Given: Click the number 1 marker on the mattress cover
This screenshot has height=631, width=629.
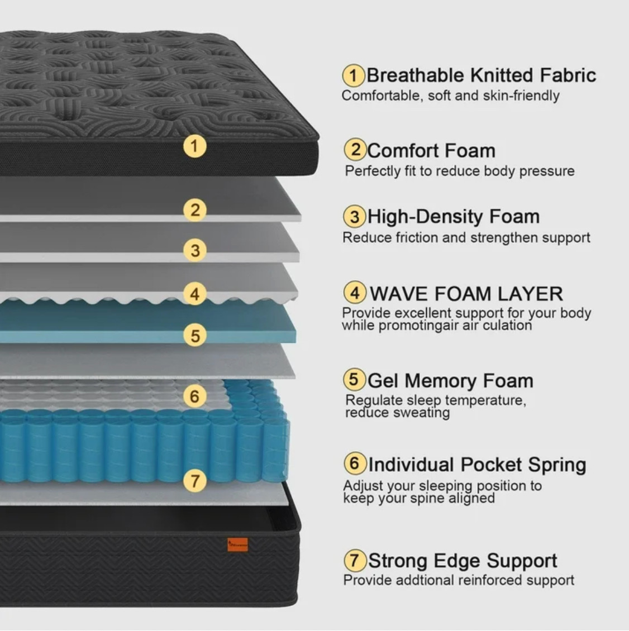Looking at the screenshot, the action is [195, 146].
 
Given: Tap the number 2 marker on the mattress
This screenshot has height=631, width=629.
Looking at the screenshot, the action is [195, 210].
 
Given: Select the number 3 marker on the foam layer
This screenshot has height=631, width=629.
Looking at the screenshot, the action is [195, 250].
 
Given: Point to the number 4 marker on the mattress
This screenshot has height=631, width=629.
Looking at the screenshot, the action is [195, 294].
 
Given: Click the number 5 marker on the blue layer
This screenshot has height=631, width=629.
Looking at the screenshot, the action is [195, 335].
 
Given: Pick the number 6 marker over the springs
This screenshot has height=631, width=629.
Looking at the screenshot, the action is [194, 396].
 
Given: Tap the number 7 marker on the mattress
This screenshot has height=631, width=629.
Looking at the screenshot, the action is [195, 480].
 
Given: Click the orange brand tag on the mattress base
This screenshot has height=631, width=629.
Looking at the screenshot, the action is [237, 544].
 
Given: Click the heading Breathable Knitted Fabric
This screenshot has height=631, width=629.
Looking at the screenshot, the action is [481, 75].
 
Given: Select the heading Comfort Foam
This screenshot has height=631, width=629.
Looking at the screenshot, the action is [431, 151].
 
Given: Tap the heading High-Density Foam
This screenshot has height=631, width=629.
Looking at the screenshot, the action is [454, 217].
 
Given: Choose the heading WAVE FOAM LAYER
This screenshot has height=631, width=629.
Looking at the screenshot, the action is [466, 293].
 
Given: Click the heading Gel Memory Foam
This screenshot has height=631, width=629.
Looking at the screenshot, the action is [450, 381].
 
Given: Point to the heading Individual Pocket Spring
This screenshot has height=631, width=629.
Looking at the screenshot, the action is [477, 465].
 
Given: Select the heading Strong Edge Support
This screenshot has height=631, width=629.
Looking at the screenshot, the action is [463, 561].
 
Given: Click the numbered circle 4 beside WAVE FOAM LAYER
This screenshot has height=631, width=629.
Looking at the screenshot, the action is [355, 293].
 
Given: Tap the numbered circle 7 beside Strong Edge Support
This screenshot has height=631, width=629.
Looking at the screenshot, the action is [355, 560].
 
